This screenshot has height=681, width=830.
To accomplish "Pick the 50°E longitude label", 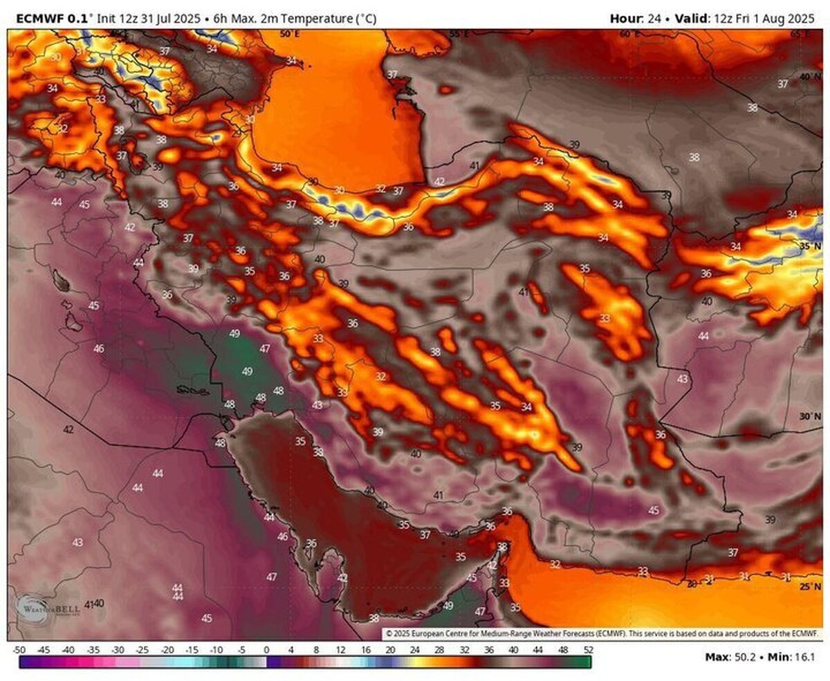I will pos(290,34).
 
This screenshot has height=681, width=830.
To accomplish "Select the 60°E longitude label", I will pos(630,34).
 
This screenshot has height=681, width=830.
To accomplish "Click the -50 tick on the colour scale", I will pos(19,650).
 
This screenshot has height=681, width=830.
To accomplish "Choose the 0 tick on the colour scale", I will pos(266,650).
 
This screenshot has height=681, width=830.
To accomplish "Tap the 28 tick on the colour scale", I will pos(439,650).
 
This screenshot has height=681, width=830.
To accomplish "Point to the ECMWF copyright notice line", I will pos(602,633).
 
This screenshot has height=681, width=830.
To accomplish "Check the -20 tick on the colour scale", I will pos(167,650).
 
